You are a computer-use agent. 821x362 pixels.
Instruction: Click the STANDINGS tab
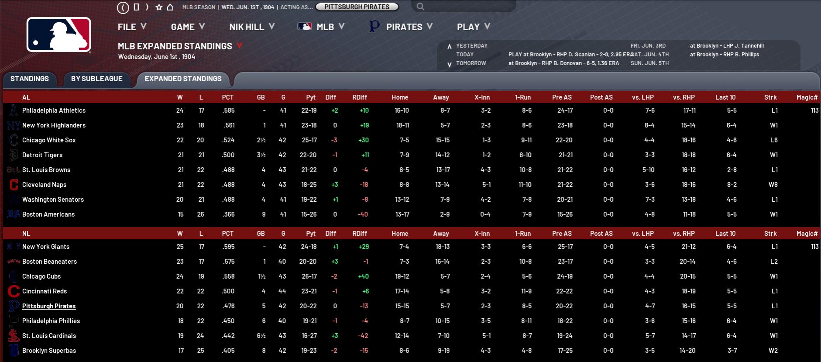pos(30,79)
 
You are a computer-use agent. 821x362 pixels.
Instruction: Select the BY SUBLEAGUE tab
pos(96,79)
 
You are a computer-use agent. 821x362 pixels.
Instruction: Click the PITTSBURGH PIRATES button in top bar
pos(357,7)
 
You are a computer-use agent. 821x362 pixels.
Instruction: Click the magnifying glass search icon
pos(420,7)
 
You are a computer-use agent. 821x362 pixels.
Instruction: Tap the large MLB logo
pos(59,35)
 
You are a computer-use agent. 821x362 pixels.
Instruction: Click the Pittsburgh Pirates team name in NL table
pos(49,306)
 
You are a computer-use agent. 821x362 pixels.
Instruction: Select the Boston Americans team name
pos(48,214)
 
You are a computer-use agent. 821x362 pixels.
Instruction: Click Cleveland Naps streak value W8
pos(773,185)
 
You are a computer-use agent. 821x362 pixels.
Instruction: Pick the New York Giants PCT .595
pos(228,247)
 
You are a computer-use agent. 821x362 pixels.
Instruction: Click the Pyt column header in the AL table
pos(311,97)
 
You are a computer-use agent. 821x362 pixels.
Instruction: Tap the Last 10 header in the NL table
pos(725,234)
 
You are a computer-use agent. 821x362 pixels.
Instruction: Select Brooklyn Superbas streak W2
pos(773,351)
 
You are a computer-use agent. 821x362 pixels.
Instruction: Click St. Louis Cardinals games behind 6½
pos(261,336)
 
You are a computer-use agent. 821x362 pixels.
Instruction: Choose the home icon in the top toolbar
pos(170,7)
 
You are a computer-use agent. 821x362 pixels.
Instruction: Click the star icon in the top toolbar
pos(159,7)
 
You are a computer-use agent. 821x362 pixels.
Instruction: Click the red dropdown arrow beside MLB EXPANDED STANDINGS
pos(239,45)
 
